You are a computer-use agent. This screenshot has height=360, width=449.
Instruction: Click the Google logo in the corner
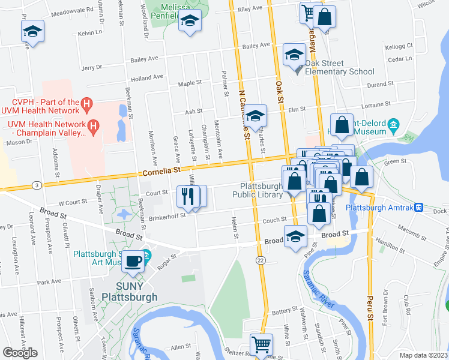pyautogui.click(x=20, y=353)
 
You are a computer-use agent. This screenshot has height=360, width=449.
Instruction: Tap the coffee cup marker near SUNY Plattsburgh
pyautogui.click(x=136, y=261)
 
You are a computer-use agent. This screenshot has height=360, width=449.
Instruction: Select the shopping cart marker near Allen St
pyautogui.click(x=261, y=344)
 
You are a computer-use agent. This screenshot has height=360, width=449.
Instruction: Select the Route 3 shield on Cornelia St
pyautogui.click(x=37, y=185)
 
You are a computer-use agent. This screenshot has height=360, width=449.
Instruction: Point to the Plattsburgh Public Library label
pyautogui.click(x=261, y=190)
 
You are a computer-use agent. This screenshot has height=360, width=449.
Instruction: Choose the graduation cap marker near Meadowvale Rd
pyautogui.click(x=32, y=31)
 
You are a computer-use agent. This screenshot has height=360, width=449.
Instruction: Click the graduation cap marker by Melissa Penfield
pyautogui.click(x=190, y=21)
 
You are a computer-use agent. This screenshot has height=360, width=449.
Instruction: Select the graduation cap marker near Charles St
pyautogui.click(x=256, y=116)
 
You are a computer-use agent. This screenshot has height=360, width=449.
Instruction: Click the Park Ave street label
pyautogui.click(x=49, y=281)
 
